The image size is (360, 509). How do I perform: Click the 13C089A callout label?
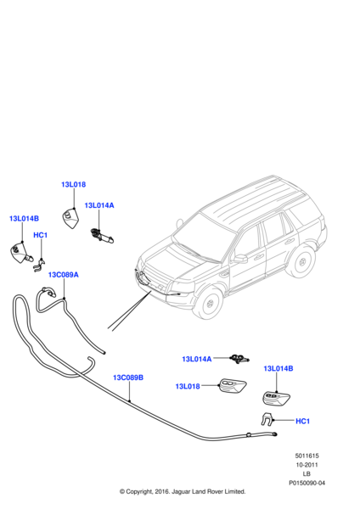63,275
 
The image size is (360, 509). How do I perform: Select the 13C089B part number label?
128,378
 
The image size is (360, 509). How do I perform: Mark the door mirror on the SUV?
240,258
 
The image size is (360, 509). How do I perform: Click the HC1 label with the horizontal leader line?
302,422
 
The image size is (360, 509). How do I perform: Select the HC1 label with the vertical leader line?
40,235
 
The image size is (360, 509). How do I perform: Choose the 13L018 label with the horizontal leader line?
187,387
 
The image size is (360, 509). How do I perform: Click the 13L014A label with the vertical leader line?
99,205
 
